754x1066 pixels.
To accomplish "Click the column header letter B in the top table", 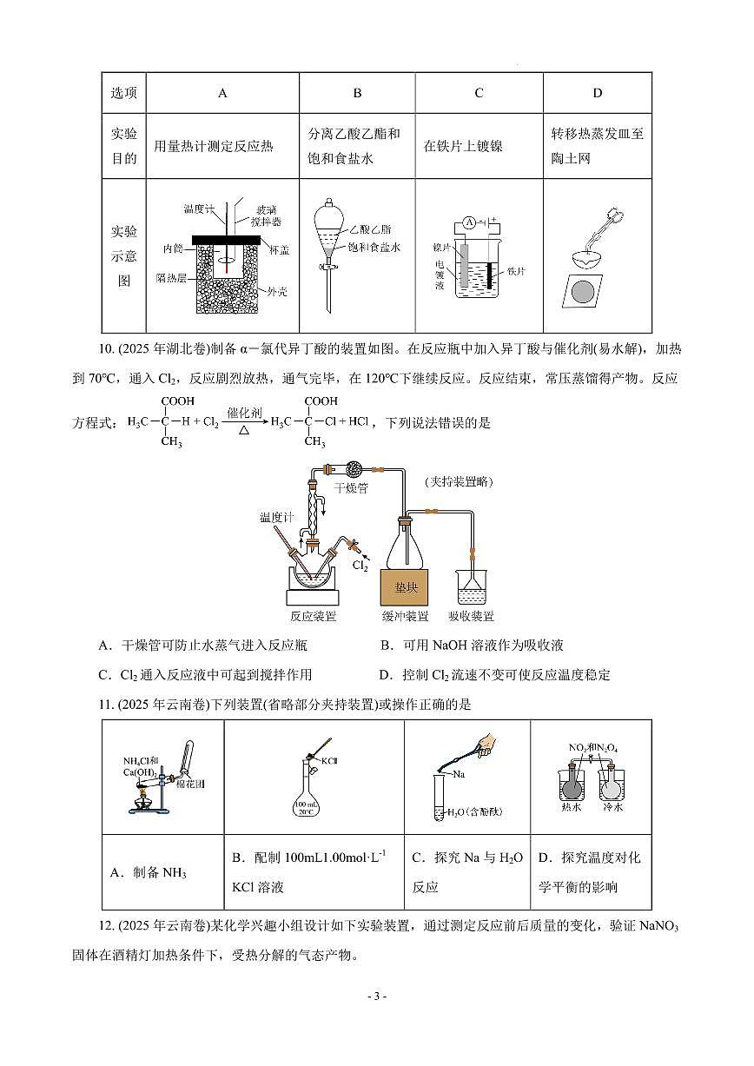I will point(357,93).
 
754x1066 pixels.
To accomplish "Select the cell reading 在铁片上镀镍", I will point(463,147).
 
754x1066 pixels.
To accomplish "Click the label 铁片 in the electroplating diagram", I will point(516,271).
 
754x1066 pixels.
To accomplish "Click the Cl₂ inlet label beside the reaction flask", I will point(360,566).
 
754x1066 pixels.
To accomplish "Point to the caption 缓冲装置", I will point(406,616).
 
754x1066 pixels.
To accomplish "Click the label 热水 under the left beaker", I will point(572,807).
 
